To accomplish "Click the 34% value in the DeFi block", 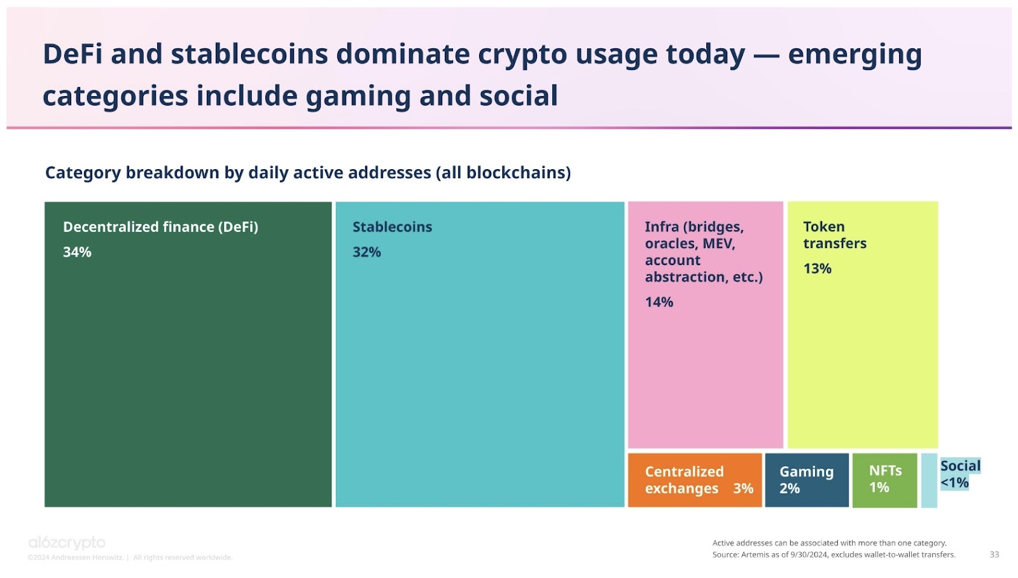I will coord(77,252).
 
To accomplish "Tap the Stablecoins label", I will coord(392,227).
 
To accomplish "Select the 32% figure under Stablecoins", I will coord(366,252).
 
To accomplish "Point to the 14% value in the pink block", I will coord(659,302).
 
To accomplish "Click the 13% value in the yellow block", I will coord(817,268).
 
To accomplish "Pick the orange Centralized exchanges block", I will coord(694,480).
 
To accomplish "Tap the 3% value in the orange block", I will coord(743,488).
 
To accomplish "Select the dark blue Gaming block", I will coord(806,480).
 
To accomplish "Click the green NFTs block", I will coord(884,480).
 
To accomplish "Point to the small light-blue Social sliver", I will coord(929,480).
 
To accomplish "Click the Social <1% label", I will coord(959,474).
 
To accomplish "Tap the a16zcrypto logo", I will coord(67,542).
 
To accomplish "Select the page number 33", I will coord(994,554).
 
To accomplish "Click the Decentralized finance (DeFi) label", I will coord(160,227).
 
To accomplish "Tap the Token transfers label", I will coord(834,235).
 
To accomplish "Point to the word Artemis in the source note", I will coord(755,554).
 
